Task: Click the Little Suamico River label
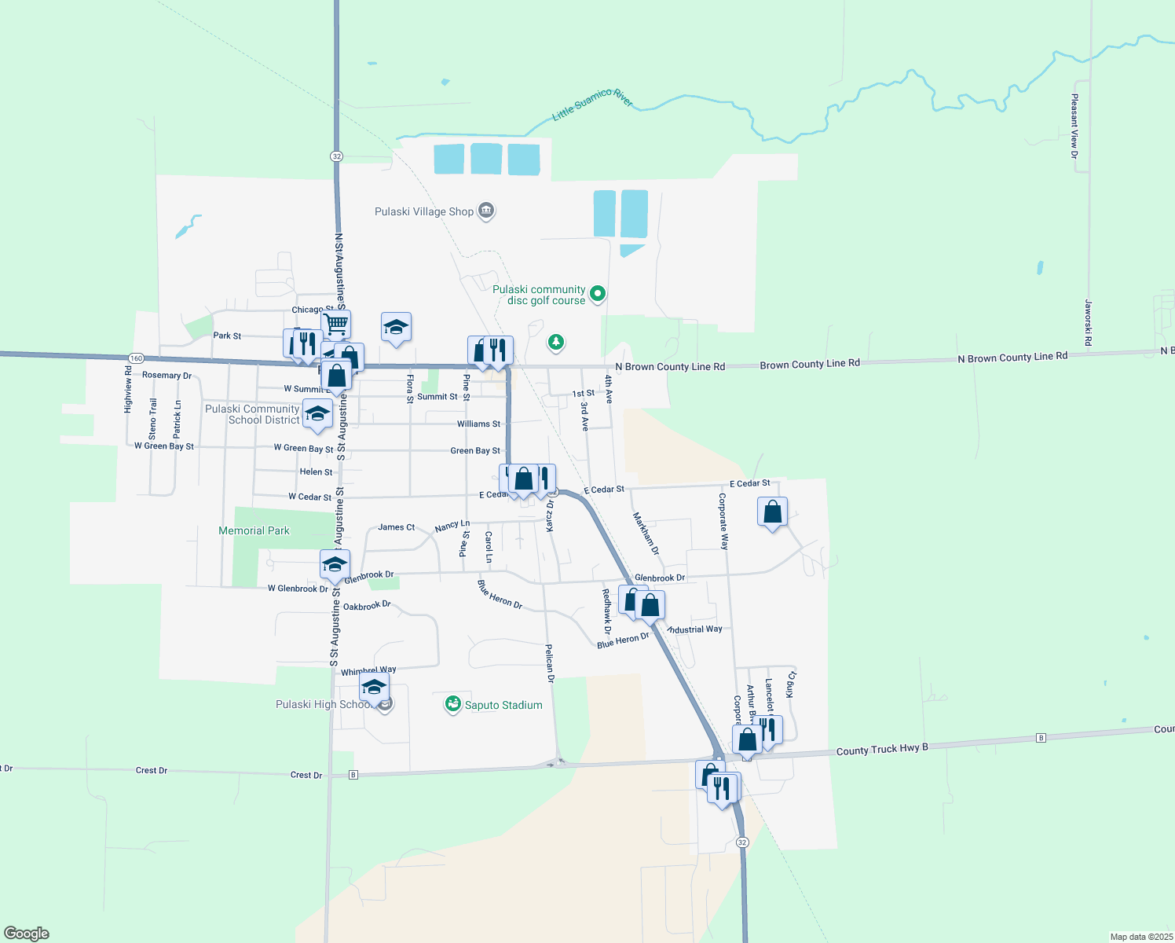(x=592, y=105)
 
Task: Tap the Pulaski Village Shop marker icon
(x=486, y=211)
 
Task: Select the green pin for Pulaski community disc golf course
(x=598, y=294)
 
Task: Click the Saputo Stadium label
(x=503, y=705)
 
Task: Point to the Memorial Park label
(x=254, y=531)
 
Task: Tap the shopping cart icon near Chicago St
(x=336, y=322)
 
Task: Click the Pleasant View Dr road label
(x=1074, y=127)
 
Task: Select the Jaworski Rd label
(x=1089, y=322)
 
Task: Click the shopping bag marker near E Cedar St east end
(x=773, y=512)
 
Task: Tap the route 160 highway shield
(x=136, y=358)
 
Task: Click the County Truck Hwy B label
(x=882, y=750)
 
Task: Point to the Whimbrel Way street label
(x=368, y=671)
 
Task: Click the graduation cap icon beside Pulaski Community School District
(x=317, y=413)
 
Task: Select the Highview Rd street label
(x=128, y=389)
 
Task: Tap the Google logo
(x=27, y=933)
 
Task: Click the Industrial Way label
(x=694, y=629)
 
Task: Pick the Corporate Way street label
(x=723, y=521)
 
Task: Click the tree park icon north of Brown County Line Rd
(x=556, y=342)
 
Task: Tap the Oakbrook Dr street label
(x=367, y=606)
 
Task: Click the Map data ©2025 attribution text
(x=1140, y=937)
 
